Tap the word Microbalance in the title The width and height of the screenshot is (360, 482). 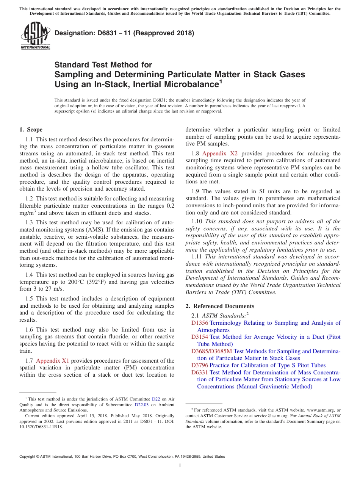191,85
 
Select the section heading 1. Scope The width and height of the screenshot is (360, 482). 31,130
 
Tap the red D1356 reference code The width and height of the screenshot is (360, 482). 200,323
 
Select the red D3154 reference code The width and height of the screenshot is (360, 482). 200,337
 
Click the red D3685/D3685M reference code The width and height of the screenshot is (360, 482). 211,351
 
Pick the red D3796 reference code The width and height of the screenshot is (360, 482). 200,365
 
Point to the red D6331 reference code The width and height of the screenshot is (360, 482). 200,372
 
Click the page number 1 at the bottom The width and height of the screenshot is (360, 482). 180,466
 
